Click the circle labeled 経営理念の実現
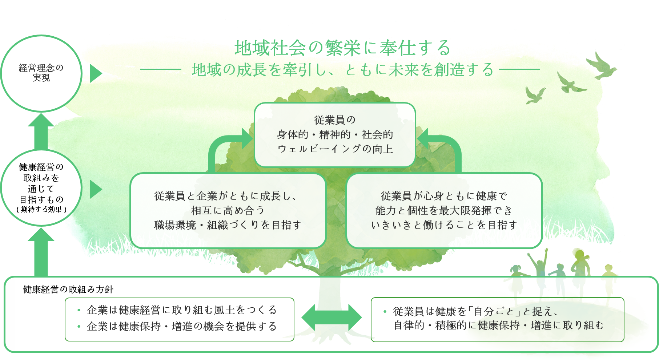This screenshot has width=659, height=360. pyautogui.click(x=41, y=73)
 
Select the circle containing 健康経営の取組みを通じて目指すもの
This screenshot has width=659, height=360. pyautogui.click(x=41, y=188)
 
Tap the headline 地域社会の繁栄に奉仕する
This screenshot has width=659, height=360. pyautogui.click(x=342, y=48)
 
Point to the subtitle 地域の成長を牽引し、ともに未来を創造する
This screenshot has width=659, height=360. pyautogui.click(x=342, y=70)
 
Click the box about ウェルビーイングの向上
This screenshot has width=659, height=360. pyautogui.click(x=335, y=135)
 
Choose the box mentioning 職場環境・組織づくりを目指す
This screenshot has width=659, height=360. pyautogui.click(x=228, y=211)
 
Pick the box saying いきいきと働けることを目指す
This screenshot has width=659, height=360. pyautogui.click(x=444, y=211)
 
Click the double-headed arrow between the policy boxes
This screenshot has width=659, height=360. pyautogui.click(x=331, y=317)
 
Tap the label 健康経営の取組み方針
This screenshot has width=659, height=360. pyautogui.click(x=68, y=290)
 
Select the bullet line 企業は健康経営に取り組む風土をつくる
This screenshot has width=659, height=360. pyautogui.click(x=182, y=310)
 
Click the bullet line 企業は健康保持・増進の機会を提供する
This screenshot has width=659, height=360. pyautogui.click(x=182, y=326)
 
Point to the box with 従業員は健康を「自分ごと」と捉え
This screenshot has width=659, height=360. pyautogui.click(x=497, y=319)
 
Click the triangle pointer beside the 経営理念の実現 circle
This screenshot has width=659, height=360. pyautogui.click(x=95, y=74)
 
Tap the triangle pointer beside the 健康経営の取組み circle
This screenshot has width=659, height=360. pyautogui.click(x=95, y=189)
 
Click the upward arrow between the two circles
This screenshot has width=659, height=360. pyautogui.click(x=41, y=131)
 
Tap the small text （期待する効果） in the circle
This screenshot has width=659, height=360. pyautogui.click(x=41, y=210)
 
